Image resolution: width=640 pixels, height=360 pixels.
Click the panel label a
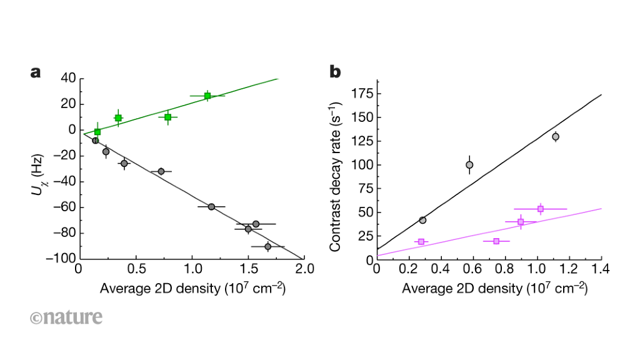pyautogui.click(x=36, y=72)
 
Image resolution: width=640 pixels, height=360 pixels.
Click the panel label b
pyautogui.click(x=336, y=72)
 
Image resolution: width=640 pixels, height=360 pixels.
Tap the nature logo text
pyautogui.click(x=66, y=317)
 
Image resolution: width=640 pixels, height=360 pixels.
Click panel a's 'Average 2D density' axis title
pyautogui.click(x=192, y=289)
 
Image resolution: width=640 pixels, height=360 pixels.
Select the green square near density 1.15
pyautogui.click(x=207, y=96)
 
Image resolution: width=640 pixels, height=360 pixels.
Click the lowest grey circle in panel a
pyautogui.click(x=267, y=247)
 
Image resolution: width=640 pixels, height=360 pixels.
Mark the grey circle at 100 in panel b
pyautogui.click(x=469, y=165)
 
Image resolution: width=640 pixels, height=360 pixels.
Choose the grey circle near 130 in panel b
pyautogui.click(x=555, y=136)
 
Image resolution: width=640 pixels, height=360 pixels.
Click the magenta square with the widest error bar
pyautogui.click(x=540, y=209)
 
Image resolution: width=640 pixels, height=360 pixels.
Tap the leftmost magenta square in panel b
pyautogui.click(x=421, y=241)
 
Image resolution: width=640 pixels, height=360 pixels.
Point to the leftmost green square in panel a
pyautogui.click(x=97, y=132)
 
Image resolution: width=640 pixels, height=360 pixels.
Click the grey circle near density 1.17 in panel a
pyautogui.click(x=211, y=206)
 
